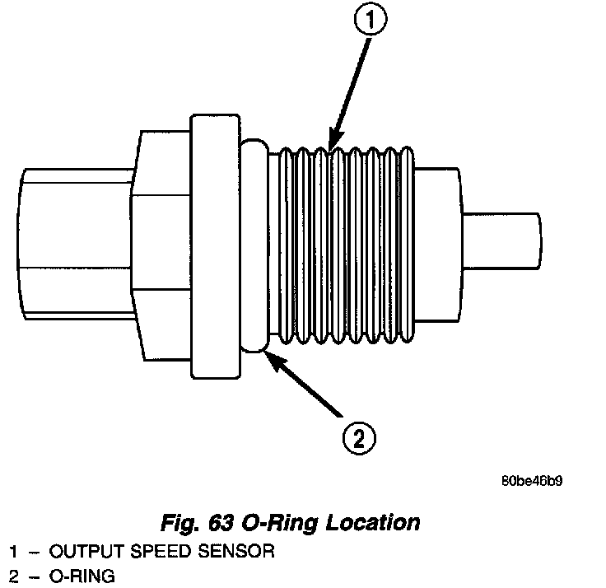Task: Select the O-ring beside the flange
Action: pyautogui.click(x=254, y=247)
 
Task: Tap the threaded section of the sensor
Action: pyautogui.click(x=346, y=247)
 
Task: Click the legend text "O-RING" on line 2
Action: pyautogui.click(x=82, y=576)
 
